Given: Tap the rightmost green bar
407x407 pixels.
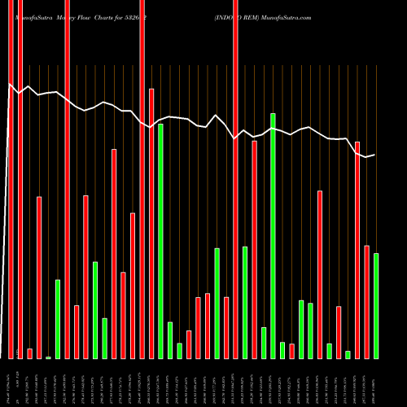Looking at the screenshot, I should [x=376, y=305].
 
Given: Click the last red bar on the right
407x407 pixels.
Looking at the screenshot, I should [x=366, y=301].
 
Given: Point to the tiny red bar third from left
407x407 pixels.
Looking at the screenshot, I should [x=30, y=353].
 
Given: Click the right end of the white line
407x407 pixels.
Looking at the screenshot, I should [x=374, y=155].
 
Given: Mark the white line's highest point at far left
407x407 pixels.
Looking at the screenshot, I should [x=10, y=84].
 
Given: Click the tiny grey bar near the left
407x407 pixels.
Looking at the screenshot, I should [x=49, y=357].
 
